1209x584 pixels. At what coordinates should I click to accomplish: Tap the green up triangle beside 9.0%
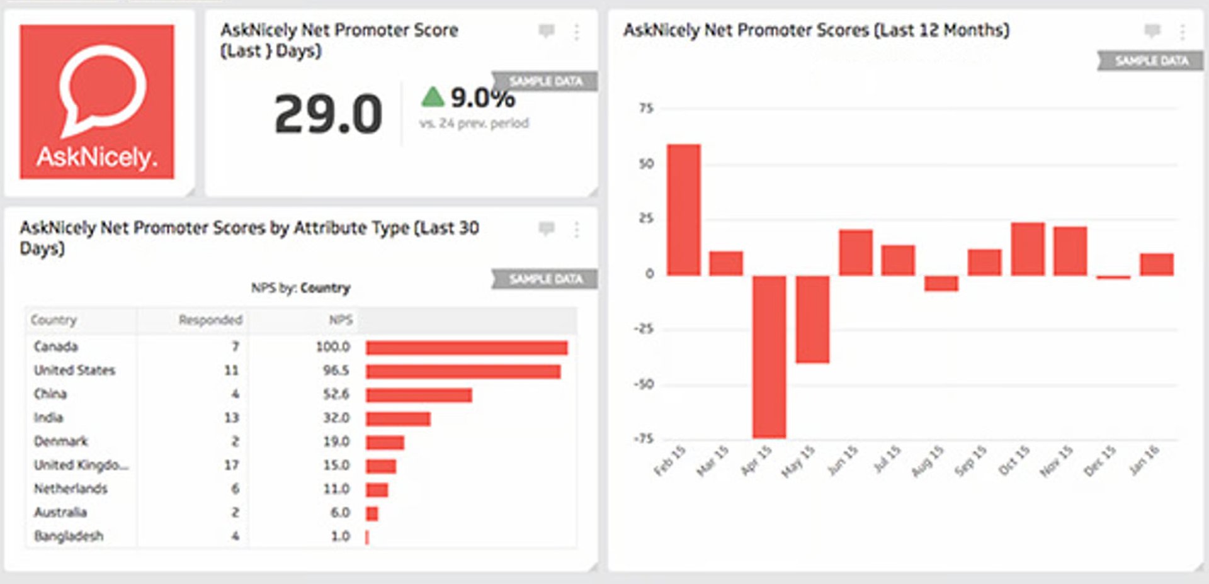[433, 97]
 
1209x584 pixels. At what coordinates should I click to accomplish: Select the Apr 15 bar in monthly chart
[769, 356]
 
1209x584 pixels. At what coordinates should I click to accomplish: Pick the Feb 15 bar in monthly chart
[684, 210]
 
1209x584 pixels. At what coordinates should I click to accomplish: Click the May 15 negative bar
[812, 319]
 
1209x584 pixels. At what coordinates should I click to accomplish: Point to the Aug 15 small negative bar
[941, 283]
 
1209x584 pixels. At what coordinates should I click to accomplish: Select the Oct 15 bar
[1028, 249]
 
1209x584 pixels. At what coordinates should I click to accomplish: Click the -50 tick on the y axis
[644, 384]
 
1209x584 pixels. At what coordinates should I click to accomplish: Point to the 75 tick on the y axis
[646, 108]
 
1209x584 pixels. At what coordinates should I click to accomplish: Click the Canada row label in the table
[56, 347]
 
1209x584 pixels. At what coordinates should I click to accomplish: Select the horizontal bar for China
[419, 395]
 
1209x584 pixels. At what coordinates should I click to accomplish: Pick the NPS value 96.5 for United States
[336, 371]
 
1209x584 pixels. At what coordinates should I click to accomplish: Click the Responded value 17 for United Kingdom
[231, 465]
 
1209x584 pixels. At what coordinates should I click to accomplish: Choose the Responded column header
[210, 320]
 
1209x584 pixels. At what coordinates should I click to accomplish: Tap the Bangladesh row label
[69, 536]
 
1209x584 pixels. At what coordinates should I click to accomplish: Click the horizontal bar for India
[398, 418]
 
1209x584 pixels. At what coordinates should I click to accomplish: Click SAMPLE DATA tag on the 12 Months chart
[1151, 61]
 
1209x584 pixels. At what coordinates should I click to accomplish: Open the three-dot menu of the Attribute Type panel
[576, 230]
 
